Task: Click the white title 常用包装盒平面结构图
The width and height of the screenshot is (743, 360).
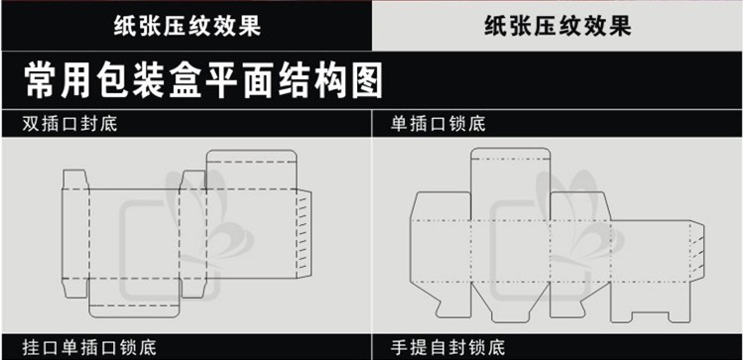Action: tap(203, 80)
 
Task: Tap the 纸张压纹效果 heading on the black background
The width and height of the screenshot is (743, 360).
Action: tap(187, 26)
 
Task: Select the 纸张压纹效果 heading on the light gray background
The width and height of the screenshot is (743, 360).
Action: tap(557, 26)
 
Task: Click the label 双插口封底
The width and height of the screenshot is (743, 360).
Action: tap(69, 124)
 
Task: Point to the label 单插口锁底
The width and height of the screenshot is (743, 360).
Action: tap(438, 124)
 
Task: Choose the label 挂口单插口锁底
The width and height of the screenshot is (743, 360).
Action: tap(89, 348)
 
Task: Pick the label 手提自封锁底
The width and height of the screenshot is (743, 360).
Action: tap(448, 348)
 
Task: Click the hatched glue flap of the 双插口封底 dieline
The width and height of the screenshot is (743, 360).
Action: tap(305, 233)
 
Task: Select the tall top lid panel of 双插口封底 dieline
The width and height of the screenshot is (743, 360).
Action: tap(252, 170)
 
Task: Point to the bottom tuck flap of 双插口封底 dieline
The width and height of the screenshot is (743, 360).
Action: tap(135, 298)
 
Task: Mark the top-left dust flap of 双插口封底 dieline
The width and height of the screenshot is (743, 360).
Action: tap(75, 180)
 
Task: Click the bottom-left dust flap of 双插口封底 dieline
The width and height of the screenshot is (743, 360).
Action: tap(75, 288)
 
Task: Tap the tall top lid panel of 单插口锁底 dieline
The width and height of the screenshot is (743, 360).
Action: tap(510, 183)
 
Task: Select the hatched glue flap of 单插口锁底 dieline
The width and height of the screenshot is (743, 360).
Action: tap(697, 251)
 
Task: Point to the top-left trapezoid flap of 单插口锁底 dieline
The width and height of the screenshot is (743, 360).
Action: tap(440, 206)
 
